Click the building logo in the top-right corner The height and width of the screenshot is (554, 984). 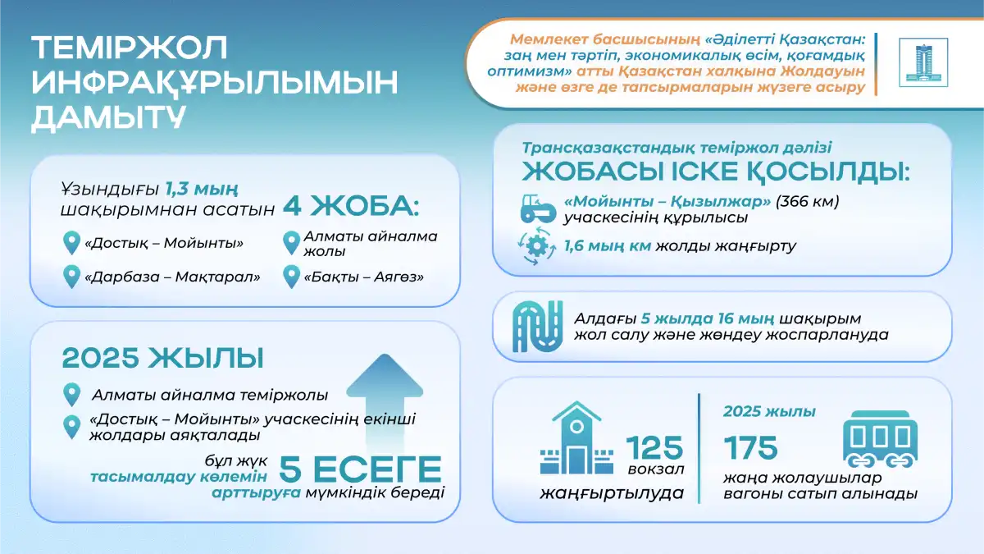pos(923,62)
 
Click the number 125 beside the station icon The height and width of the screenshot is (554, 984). pos(654,447)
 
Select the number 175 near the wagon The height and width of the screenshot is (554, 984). pos(751,447)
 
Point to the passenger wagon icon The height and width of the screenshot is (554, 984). pos(881,439)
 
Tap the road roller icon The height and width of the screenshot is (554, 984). pos(538,208)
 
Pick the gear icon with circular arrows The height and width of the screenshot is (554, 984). pos(536,246)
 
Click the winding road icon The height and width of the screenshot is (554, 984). pos(538,327)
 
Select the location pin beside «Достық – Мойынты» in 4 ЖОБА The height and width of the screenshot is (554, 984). pos(71,243)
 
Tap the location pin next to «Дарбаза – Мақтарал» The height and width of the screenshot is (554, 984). pos(71,277)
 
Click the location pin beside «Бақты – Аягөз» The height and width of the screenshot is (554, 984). pos(291,277)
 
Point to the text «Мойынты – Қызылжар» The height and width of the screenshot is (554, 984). pos(667,201)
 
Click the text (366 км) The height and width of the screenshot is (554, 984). pos(808,201)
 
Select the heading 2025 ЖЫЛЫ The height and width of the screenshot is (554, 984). pos(162,358)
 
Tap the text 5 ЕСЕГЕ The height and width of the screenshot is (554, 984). pos(360,469)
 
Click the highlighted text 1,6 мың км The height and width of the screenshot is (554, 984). pos(608,245)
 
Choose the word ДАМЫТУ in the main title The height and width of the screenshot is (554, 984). pos(108,117)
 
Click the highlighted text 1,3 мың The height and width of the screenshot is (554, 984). pos(202,189)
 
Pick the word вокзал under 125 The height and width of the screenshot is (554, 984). pos(656,469)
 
